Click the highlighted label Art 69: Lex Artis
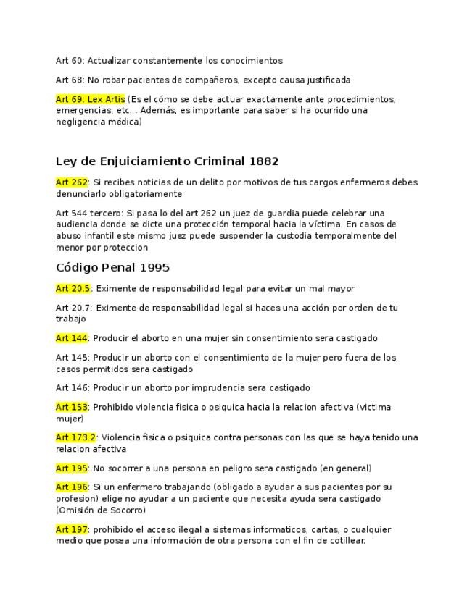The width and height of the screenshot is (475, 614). [x=90, y=99]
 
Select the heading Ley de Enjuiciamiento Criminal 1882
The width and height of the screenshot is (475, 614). [x=167, y=161]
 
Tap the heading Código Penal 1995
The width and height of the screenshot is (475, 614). [x=112, y=267]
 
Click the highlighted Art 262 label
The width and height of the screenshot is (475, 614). [x=72, y=182]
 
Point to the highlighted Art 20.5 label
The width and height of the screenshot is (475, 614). [x=73, y=288]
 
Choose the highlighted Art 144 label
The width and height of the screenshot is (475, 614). [x=72, y=338]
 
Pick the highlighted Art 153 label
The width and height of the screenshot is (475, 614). [x=72, y=407]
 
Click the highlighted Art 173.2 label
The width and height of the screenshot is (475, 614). [x=76, y=437]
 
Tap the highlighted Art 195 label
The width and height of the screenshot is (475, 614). [x=72, y=468]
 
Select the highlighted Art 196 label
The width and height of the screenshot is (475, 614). [x=72, y=487]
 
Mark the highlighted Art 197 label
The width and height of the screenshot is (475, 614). [x=72, y=529]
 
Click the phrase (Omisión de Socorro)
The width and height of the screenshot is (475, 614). [x=101, y=510]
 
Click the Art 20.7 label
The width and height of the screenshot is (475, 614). [x=73, y=308]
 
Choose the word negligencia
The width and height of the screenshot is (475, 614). [x=80, y=122]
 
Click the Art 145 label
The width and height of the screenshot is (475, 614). [x=72, y=357]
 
